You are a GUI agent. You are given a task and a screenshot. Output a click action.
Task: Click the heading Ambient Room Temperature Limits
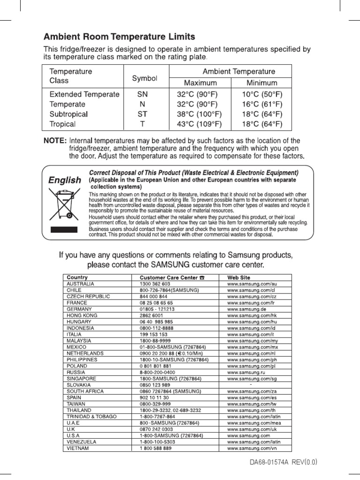point(120,37)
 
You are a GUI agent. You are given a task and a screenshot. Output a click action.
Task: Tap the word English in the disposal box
point(65,180)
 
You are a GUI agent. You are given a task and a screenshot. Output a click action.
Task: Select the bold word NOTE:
point(55,141)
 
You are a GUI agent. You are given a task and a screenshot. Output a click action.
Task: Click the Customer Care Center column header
point(172,277)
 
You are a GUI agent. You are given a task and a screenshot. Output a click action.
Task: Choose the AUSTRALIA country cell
point(80,284)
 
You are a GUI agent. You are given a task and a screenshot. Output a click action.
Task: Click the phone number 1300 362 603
point(155,284)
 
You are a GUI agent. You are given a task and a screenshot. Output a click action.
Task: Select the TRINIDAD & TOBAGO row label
point(91,417)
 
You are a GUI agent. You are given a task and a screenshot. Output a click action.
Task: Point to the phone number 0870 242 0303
point(156,429)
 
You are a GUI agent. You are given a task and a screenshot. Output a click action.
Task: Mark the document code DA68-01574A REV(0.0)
point(283,462)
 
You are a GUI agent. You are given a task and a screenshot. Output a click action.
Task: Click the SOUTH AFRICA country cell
point(85,391)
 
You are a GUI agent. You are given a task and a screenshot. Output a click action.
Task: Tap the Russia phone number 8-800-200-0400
point(157,372)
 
